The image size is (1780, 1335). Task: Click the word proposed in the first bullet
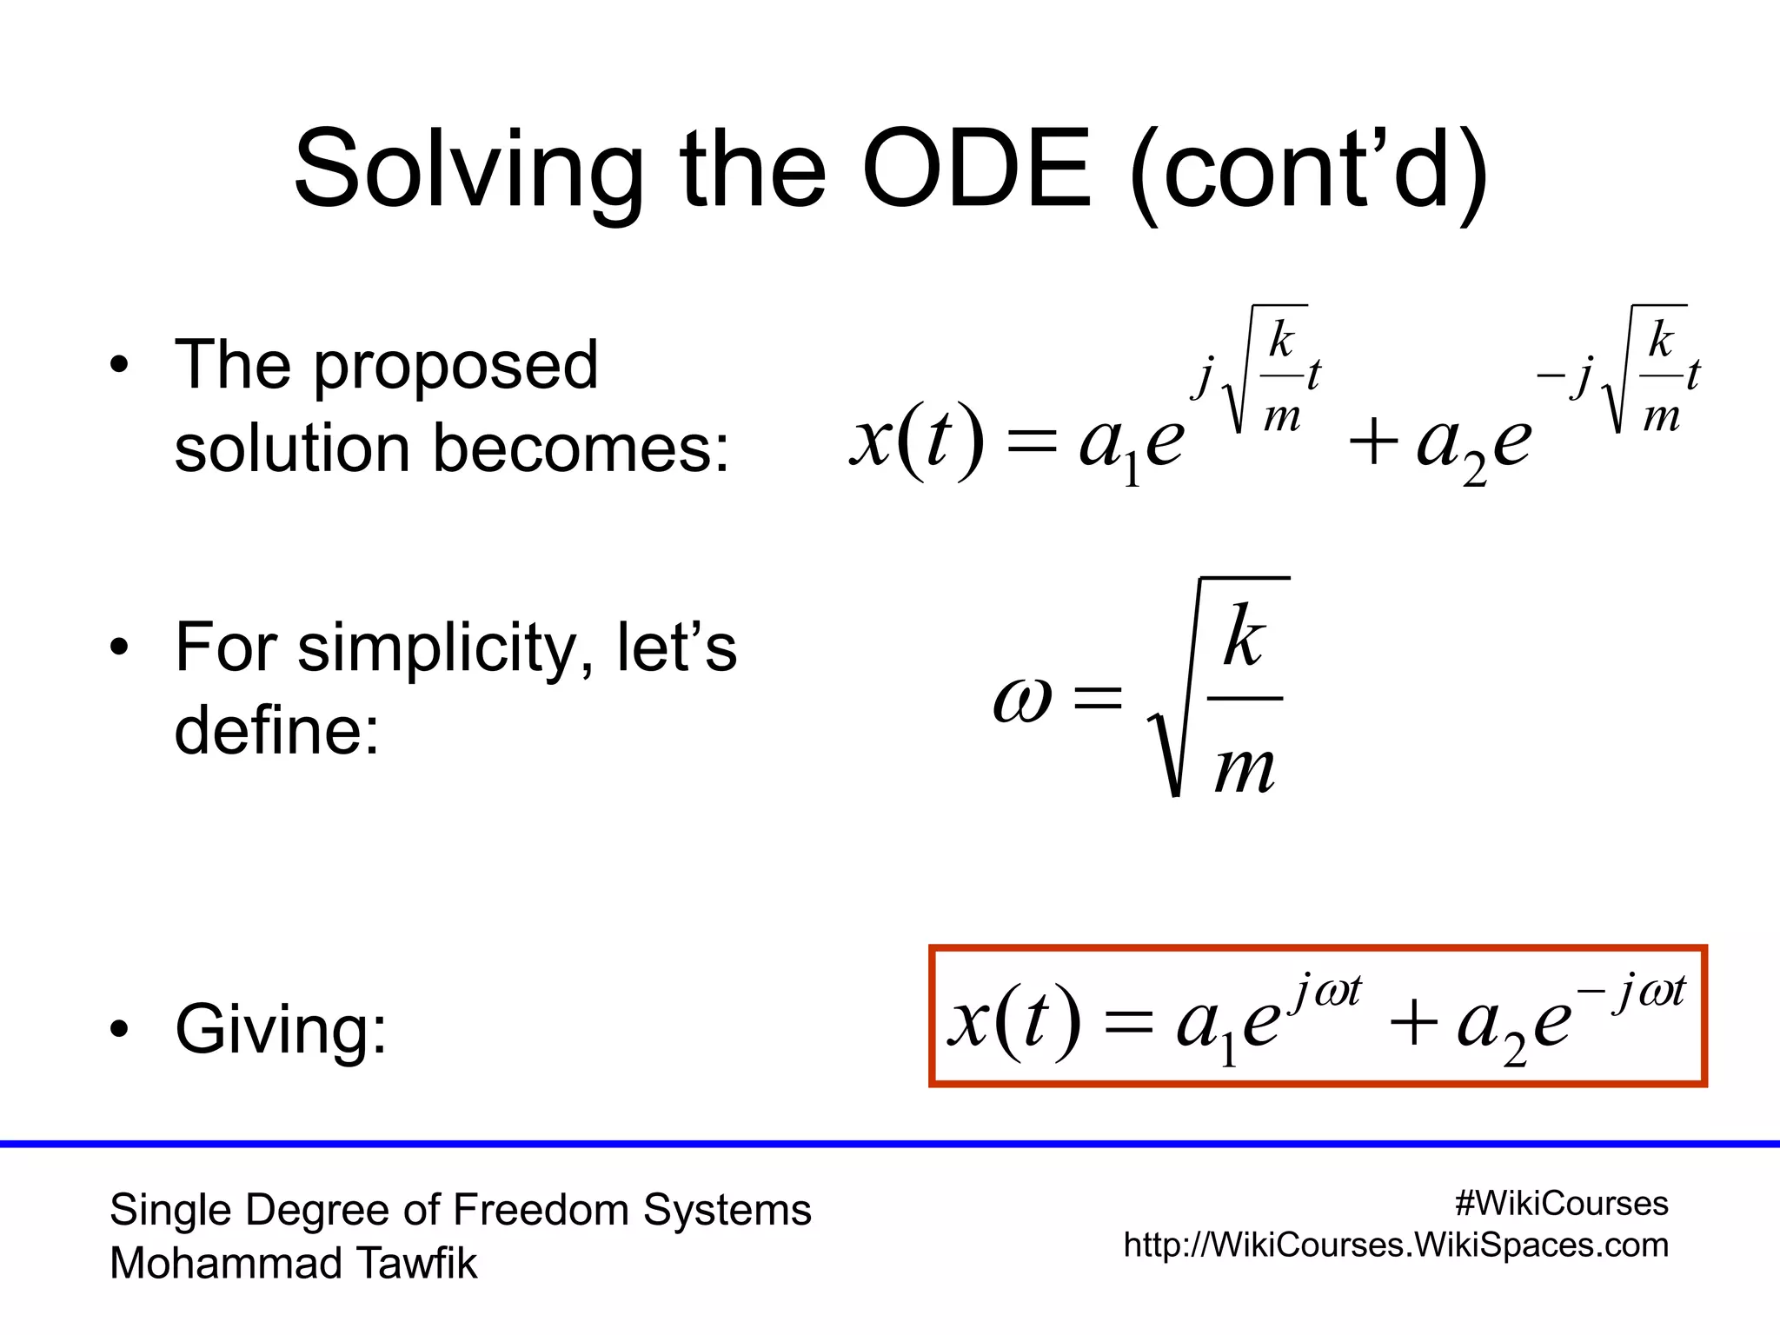pyautogui.click(x=455, y=366)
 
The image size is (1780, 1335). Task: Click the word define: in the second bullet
pyautogui.click(x=277, y=731)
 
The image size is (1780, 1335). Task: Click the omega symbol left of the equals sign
pyautogui.click(x=1022, y=700)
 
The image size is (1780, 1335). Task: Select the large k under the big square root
pyautogui.click(x=1244, y=638)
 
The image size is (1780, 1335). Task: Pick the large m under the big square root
pyautogui.click(x=1245, y=768)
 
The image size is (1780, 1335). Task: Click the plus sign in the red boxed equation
pyautogui.click(x=1412, y=1022)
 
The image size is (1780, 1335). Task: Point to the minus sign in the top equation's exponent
pyautogui.click(x=1550, y=376)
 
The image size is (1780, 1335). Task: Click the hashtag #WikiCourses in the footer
pyautogui.click(x=1561, y=1204)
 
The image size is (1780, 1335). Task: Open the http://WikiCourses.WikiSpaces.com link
pyautogui.click(x=1396, y=1245)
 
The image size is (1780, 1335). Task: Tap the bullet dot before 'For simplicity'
pyautogui.click(x=120, y=648)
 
